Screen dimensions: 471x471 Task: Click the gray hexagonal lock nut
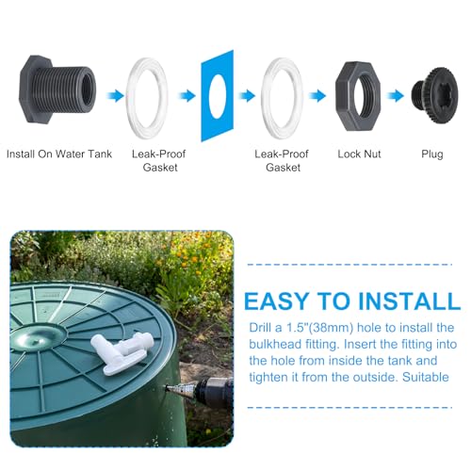pos(361,94)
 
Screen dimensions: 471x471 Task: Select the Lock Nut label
pos(360,153)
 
